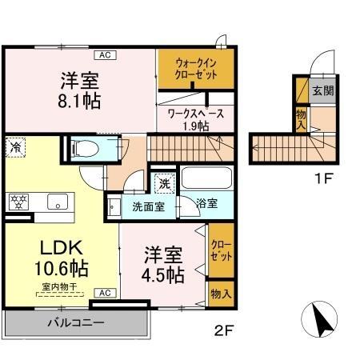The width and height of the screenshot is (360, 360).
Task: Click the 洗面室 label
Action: coord(148,205)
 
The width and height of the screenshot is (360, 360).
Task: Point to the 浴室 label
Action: coord(207,204)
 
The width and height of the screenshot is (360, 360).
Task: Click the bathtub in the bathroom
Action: coord(206,178)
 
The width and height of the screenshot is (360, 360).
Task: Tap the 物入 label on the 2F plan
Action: coord(219,294)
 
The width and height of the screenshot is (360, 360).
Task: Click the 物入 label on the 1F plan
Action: coord(301,119)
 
